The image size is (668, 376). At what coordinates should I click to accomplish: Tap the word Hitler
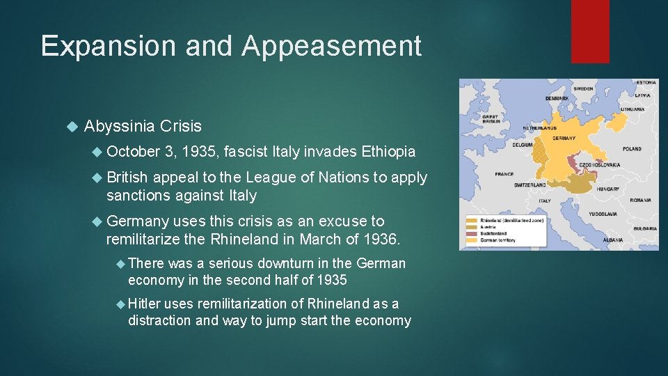[145, 304]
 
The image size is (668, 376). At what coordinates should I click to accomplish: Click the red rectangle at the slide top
[589, 31]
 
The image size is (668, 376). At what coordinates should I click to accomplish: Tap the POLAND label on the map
[632, 149]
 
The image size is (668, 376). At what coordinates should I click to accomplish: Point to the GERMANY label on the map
[564, 139]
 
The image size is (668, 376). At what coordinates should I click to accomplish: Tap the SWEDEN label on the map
[583, 89]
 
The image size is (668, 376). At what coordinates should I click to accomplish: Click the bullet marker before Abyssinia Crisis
[70, 127]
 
